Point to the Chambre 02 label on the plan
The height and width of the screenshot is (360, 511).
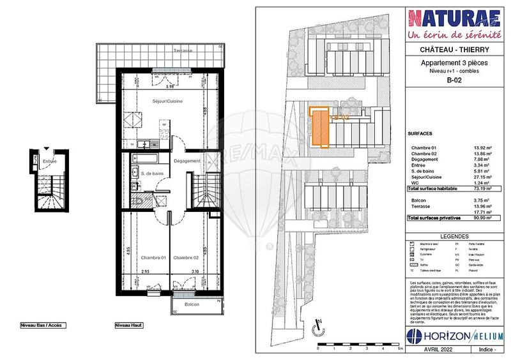click(x=187, y=257)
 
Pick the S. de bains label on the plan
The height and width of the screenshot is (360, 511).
click(x=155, y=173)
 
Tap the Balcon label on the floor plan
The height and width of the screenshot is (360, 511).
click(x=192, y=304)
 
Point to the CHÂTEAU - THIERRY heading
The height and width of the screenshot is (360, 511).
click(x=454, y=50)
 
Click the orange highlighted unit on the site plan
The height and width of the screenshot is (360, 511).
click(x=319, y=128)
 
